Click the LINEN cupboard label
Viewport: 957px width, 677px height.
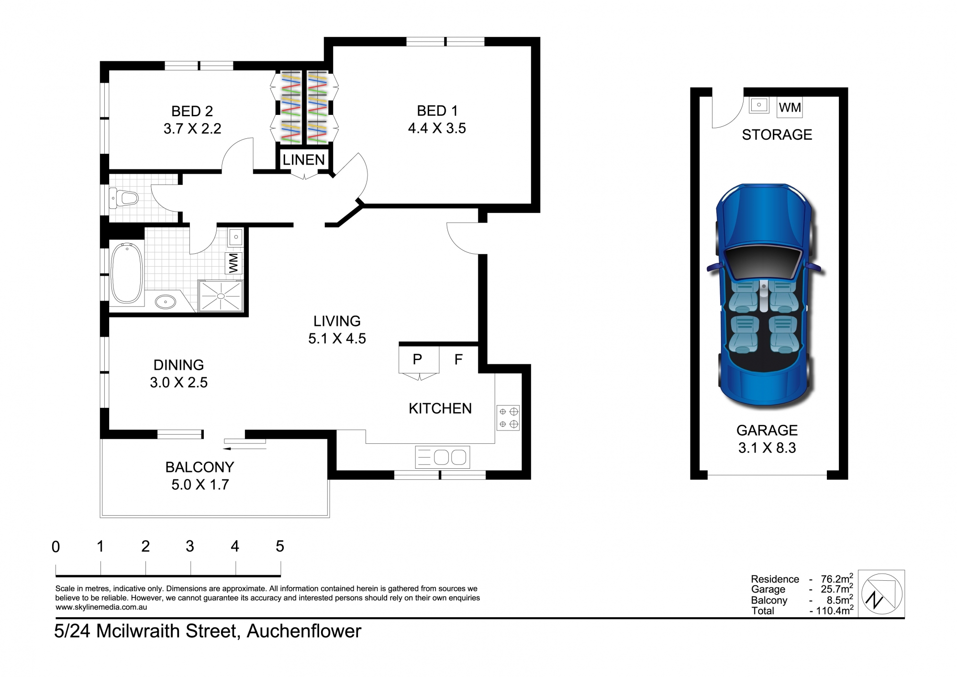(303, 160)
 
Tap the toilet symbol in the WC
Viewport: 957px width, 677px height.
(123, 198)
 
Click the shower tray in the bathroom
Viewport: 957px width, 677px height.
(221, 296)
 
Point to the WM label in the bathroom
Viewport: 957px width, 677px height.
(234, 263)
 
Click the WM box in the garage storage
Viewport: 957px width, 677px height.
(790, 108)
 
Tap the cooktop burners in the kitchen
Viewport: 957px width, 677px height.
(508, 417)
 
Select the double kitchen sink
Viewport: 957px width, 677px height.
(443, 457)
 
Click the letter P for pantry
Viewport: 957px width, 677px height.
(417, 359)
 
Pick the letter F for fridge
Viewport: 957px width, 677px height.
(458, 359)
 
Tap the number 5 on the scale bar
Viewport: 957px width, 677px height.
(280, 546)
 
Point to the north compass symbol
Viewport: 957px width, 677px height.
(881, 594)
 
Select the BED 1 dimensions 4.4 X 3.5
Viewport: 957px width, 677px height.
(437, 128)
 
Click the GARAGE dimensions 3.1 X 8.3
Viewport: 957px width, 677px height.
(767, 448)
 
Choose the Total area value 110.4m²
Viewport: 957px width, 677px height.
(832, 610)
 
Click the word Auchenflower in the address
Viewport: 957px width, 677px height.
(304, 631)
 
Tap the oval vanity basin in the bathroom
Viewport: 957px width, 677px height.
(166, 302)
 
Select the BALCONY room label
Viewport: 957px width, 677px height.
(200, 467)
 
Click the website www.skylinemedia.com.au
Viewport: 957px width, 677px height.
(101, 607)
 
